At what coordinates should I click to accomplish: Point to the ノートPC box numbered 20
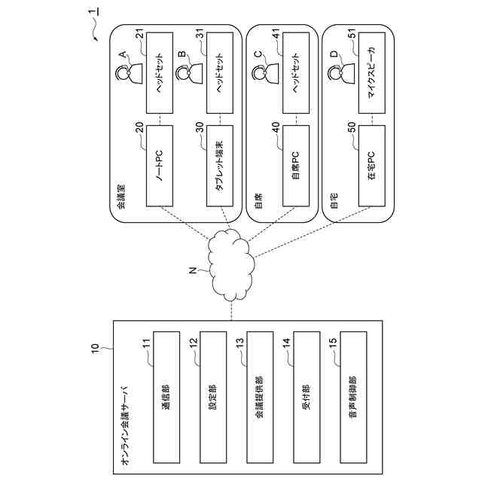160,168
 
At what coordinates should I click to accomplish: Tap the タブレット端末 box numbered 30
218,168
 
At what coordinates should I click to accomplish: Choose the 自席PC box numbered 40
294,168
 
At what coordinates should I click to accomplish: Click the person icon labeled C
261,73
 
